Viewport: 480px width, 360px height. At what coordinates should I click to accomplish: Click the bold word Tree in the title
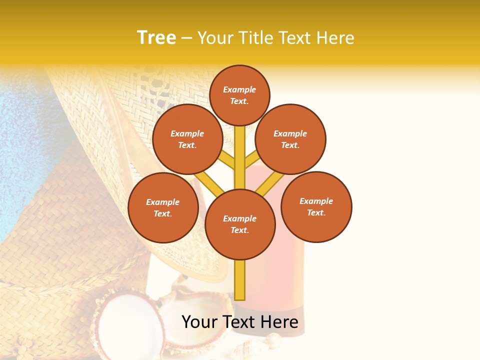[x=156, y=37]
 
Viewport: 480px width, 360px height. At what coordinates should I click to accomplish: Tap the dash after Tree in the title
[x=186, y=38]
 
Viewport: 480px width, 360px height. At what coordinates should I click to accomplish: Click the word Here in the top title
[x=334, y=37]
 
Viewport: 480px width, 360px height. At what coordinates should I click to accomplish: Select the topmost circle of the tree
[x=239, y=95]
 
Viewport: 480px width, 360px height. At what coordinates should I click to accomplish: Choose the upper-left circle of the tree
[x=187, y=139]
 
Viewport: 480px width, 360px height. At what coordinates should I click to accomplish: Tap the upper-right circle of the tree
[x=290, y=139]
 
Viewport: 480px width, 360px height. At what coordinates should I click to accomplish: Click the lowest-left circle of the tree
[x=163, y=207]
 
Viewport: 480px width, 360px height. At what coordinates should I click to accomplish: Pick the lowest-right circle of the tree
[x=316, y=206]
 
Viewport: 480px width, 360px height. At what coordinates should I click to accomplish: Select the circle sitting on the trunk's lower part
[x=240, y=224]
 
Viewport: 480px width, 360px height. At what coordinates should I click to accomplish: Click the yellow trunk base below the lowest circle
[x=240, y=280]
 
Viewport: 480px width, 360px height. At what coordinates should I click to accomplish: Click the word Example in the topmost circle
[x=239, y=89]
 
